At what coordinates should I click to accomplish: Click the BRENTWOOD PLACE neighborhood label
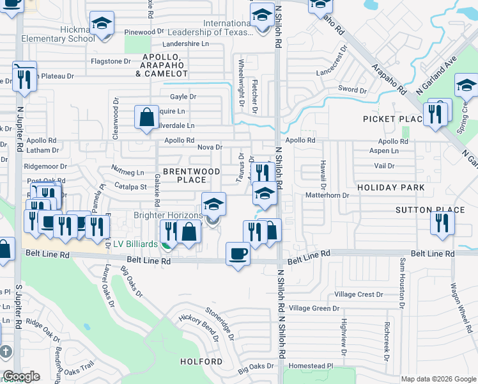coord(191,175)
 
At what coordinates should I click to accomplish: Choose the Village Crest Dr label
coord(358,294)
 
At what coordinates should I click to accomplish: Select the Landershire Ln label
coord(186,44)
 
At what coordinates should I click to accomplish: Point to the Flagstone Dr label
coord(111,61)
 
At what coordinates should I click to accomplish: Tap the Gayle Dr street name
coord(183,97)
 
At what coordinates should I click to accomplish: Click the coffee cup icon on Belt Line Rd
coord(238,253)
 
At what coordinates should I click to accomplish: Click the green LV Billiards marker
coord(167,244)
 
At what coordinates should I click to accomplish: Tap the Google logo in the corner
coord(21,376)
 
